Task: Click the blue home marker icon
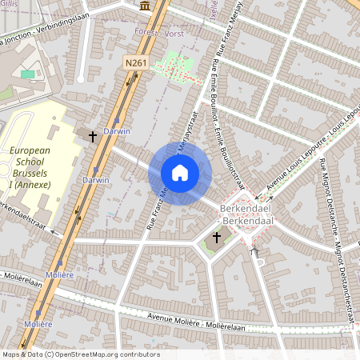tap(180, 174)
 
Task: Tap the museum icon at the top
tap(144, 6)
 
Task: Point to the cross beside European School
tap(92, 138)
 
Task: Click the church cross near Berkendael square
tap(217, 238)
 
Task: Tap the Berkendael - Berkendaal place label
tap(249, 213)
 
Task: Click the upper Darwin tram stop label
tap(117, 130)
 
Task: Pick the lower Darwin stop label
tap(95, 180)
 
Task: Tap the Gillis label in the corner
tap(8, 4)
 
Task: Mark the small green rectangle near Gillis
tap(27, 74)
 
